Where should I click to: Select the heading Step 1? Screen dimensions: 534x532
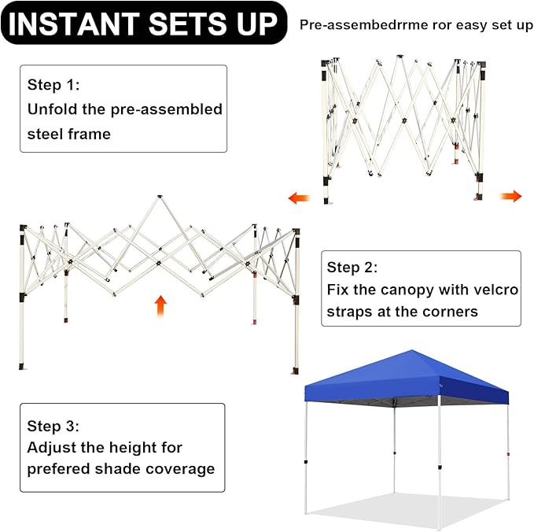[53, 84]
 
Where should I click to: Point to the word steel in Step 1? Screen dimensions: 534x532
[46, 134]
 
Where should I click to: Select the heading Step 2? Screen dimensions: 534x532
[352, 268]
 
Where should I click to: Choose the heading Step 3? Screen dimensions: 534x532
[53, 426]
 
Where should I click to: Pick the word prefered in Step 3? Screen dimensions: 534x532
[58, 469]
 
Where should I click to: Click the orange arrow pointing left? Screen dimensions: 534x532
[300, 198]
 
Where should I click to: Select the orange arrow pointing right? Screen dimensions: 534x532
[510, 196]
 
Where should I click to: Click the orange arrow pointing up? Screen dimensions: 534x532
[160, 306]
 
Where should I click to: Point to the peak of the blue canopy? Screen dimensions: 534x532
[412, 350]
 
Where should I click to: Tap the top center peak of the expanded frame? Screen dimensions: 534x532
[160, 197]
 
